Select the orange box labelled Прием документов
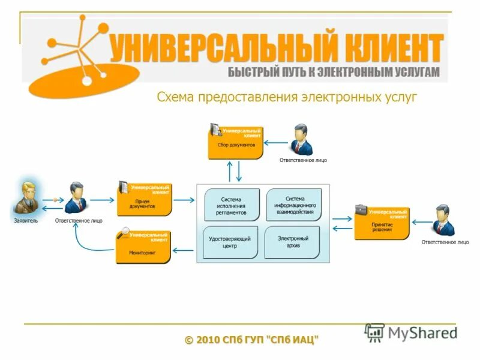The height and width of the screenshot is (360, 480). click(x=144, y=200)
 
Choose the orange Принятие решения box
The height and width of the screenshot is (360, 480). click(x=382, y=223)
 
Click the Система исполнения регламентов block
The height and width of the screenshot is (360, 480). click(x=232, y=205)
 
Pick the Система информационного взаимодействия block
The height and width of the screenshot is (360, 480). click(x=294, y=205)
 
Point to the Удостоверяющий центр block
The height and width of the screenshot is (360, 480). click(x=230, y=242)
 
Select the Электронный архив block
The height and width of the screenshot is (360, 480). click(x=292, y=242)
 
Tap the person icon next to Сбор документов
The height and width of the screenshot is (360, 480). click(x=301, y=140)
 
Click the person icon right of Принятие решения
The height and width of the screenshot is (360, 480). click(x=444, y=220)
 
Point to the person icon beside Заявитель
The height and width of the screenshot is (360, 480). click(x=76, y=197)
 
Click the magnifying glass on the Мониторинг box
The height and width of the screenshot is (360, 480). click(x=124, y=232)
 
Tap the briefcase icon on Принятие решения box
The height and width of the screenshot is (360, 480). click(x=361, y=209)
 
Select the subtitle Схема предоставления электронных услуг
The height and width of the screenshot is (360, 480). click(x=286, y=97)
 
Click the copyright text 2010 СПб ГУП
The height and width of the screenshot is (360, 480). click(x=252, y=340)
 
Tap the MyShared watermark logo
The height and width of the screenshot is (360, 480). click(x=410, y=332)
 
